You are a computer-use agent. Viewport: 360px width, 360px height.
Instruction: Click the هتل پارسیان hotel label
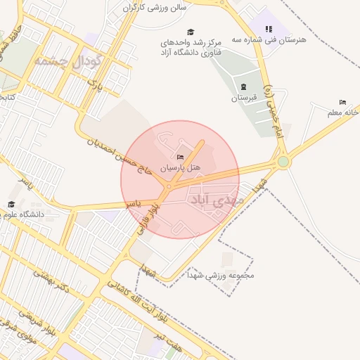181,168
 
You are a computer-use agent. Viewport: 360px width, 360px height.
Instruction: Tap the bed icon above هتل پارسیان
180,157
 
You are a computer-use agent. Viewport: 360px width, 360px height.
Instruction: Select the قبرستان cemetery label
245,98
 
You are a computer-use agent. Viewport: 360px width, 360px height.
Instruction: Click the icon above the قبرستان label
243,86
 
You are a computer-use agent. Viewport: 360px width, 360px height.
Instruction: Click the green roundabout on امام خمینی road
283,162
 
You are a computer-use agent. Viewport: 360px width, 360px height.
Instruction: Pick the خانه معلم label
344,112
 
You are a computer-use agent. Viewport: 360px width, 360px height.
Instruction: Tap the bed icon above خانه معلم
342,102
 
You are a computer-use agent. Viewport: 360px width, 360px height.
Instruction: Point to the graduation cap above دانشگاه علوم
11,204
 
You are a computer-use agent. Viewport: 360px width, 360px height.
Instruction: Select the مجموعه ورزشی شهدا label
231,275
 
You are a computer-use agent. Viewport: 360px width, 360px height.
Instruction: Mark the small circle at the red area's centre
169,186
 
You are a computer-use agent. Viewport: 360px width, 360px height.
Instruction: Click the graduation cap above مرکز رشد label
190,32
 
